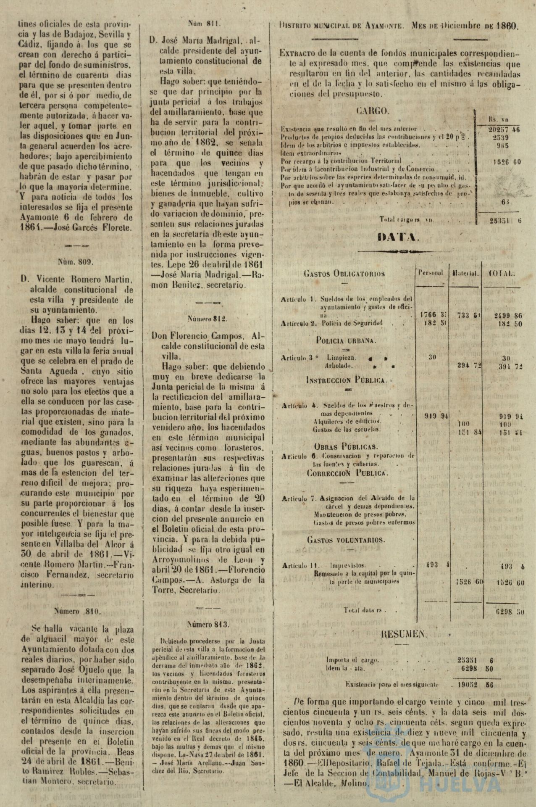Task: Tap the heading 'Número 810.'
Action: pyautogui.click(x=77, y=611)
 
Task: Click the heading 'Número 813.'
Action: pyautogui.click(x=208, y=624)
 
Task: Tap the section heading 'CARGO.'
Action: pyautogui.click(x=373, y=111)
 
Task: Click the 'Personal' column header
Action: pyautogui.click(x=430, y=273)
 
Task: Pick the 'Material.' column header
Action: pyautogui.click(x=465, y=273)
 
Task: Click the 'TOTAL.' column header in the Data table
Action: pyautogui.click(x=502, y=273)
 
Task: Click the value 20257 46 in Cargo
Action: pyautogui.click(x=504, y=129)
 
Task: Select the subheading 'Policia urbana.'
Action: pyautogui.click(x=346, y=340)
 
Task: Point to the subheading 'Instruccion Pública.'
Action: pyautogui.click(x=346, y=380)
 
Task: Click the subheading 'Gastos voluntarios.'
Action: pyautogui.click(x=346, y=540)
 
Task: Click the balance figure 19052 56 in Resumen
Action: pyautogui.click(x=476, y=685)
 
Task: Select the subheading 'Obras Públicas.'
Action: pyautogui.click(x=346, y=446)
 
